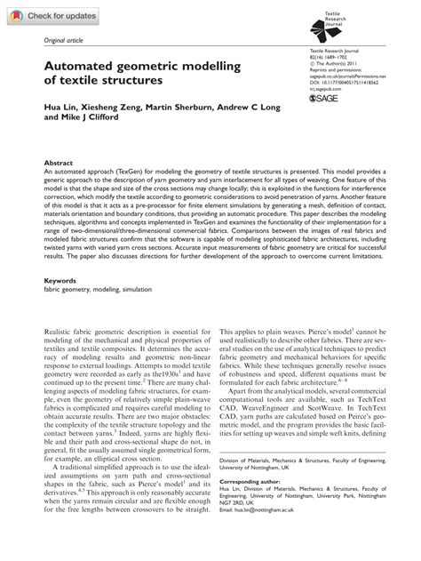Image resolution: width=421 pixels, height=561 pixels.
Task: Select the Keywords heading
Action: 62,279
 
